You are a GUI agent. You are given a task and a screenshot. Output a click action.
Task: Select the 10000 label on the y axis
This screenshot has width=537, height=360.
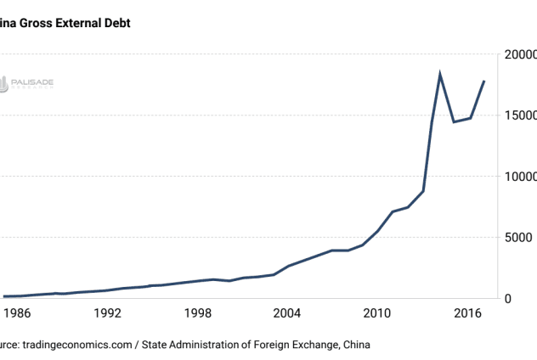click(519, 177)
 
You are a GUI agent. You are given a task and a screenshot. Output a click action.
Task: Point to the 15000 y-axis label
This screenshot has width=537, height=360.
click(519, 115)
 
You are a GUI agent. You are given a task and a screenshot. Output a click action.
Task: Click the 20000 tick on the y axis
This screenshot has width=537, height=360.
click(519, 54)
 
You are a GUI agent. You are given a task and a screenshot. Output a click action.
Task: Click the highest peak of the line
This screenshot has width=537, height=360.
click(440, 74)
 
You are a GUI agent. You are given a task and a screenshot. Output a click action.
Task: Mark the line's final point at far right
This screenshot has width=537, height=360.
click(484, 81)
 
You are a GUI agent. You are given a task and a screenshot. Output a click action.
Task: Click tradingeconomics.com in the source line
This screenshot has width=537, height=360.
click(78, 345)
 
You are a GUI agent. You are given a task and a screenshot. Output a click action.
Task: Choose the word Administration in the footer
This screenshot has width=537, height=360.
click(207, 345)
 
